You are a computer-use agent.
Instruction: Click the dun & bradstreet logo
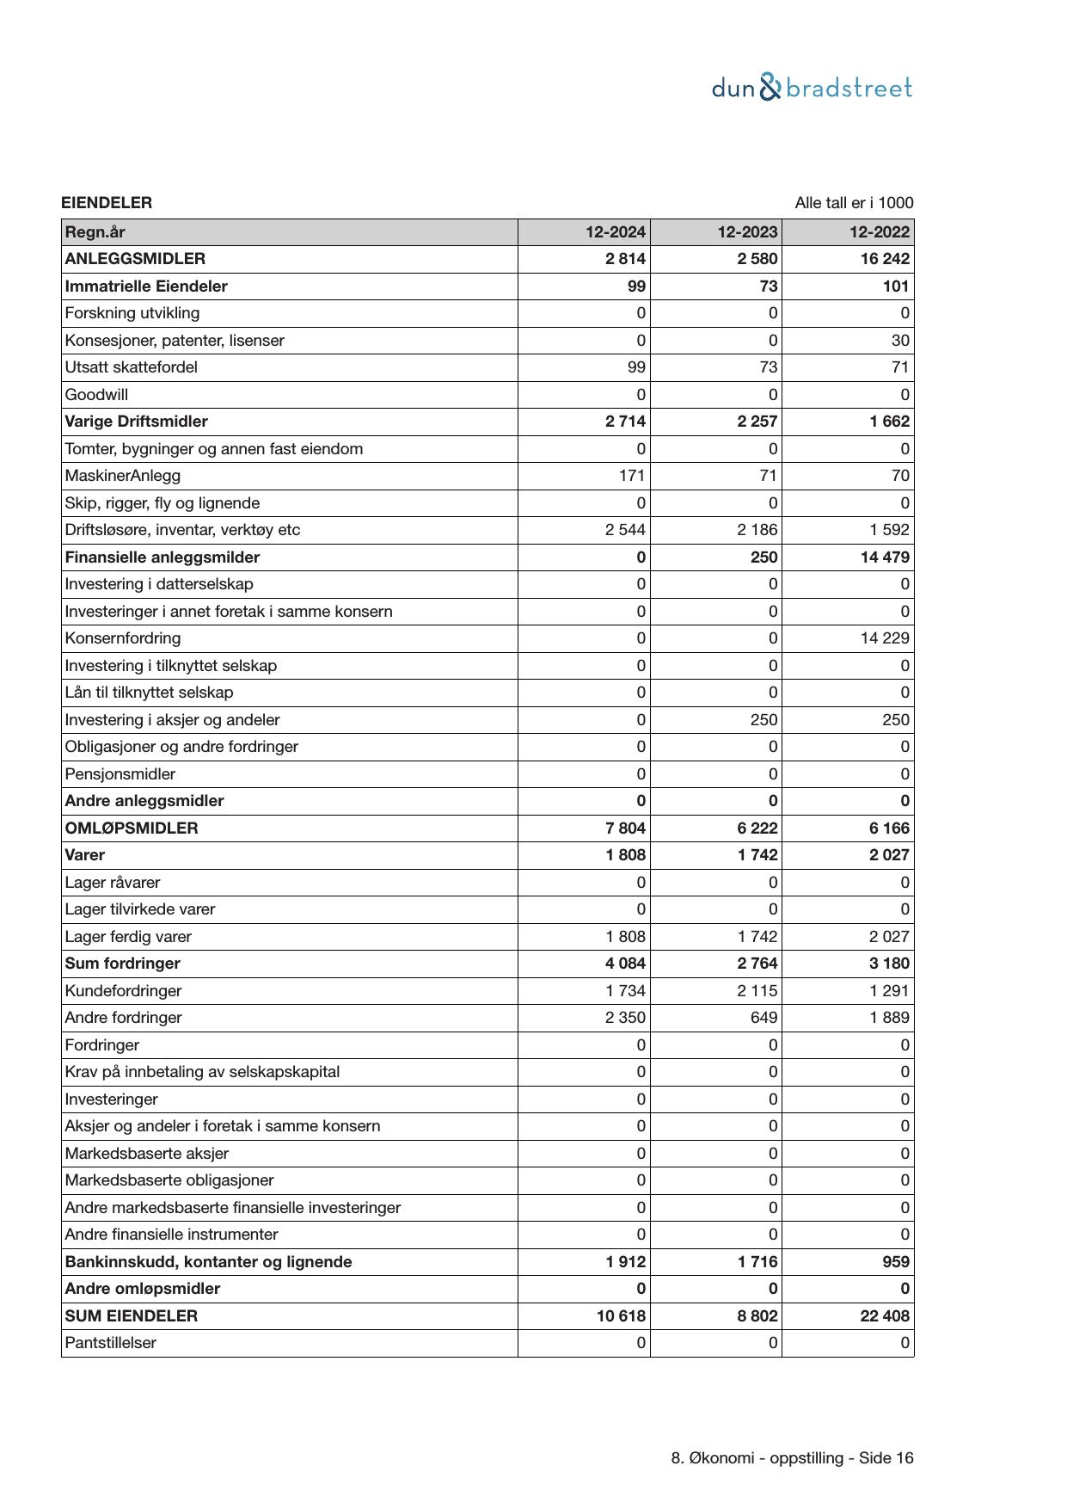812,88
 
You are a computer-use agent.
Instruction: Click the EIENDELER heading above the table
107,203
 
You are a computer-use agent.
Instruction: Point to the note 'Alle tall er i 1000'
854,203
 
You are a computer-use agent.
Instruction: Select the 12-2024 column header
616,232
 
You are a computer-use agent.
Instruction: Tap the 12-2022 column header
879,232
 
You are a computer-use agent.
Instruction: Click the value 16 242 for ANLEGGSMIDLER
885,259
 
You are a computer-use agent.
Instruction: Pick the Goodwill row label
96,395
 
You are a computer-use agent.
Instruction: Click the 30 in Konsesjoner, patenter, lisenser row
900,341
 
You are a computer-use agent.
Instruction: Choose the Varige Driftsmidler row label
136,422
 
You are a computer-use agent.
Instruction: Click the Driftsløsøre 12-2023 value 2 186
757,530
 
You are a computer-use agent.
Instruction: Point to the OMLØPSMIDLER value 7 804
625,828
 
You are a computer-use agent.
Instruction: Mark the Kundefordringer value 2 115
757,991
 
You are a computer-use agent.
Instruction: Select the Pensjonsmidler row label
120,774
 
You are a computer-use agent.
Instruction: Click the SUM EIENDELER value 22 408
885,1316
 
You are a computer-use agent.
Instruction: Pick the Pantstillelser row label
110,1343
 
